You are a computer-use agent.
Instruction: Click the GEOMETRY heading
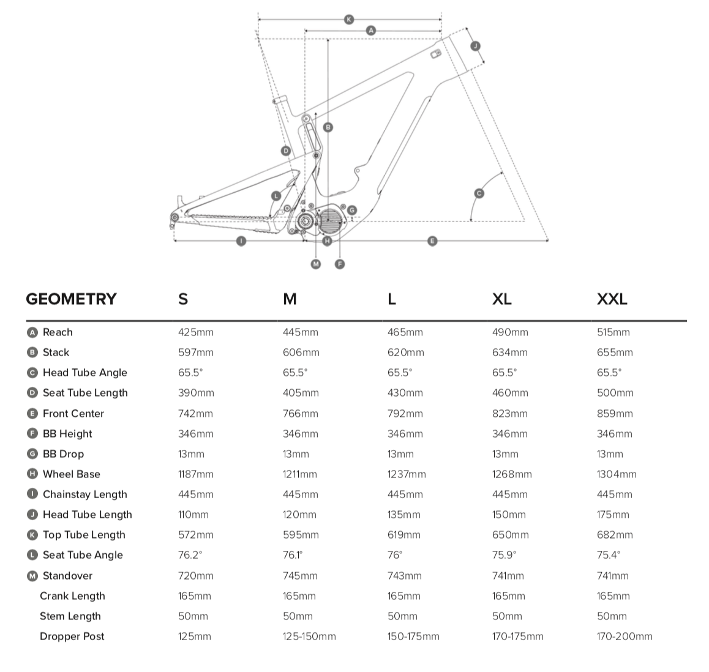click(x=71, y=299)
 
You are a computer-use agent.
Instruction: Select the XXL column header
click(x=612, y=299)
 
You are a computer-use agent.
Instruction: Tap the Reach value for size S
click(x=196, y=332)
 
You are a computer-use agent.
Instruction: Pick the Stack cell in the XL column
click(x=509, y=353)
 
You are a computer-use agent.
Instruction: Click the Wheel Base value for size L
click(x=407, y=474)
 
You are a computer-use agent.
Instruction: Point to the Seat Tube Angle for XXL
click(x=609, y=555)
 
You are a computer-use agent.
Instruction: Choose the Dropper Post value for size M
click(x=309, y=637)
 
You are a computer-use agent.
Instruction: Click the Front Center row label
click(x=73, y=414)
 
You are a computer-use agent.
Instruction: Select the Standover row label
click(x=67, y=576)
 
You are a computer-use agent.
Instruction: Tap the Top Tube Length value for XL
click(x=511, y=535)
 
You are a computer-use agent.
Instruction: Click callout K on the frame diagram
click(x=348, y=20)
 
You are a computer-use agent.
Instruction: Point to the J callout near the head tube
click(x=475, y=46)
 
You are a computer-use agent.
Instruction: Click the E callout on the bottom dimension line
click(x=432, y=241)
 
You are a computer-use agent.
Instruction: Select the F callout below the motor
click(x=340, y=264)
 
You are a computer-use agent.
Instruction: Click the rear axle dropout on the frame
click(x=174, y=218)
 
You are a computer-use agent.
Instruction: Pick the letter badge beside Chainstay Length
click(x=32, y=495)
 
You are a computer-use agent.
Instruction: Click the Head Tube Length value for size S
click(x=193, y=515)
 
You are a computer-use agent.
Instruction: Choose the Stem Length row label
click(x=70, y=616)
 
